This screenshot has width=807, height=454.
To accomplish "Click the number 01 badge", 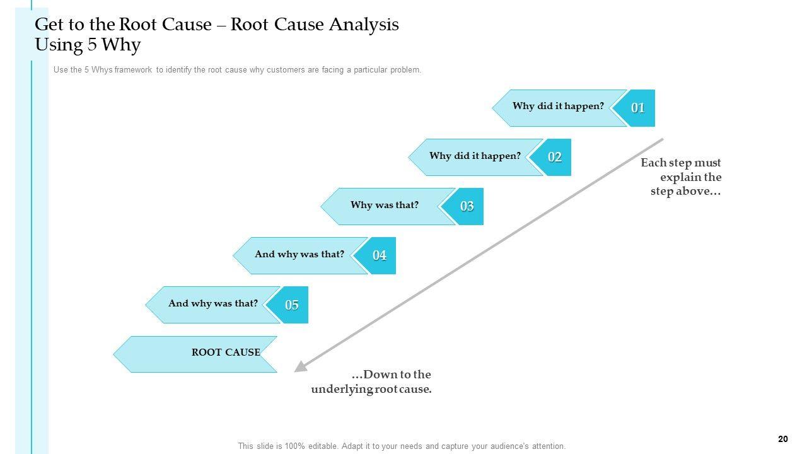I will pos(638,108).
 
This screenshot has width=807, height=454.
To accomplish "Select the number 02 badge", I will pos(554,157).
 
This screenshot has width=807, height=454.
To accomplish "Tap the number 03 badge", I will pos(467,206).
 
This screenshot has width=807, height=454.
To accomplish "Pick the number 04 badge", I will pos(379,255).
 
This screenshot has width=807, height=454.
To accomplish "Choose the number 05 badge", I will pos(291,305).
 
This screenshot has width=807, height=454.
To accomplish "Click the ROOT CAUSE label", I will pos(226,352).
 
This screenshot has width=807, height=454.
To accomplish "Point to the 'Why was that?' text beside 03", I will pos(384,205).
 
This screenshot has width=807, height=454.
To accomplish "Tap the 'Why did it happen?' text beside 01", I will pos(558,106).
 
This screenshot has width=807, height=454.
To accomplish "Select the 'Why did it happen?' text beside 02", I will pos(475,155).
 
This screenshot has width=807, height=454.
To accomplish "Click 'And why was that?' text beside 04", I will pos(299,254).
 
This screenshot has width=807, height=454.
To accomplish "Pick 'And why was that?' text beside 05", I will pos(213,303).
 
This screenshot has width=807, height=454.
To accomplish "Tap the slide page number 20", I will pos(784,439).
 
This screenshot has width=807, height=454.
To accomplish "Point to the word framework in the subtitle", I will pos(134,70).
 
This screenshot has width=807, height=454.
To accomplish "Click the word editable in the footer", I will pos(318,446).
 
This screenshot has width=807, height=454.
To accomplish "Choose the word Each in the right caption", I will pos(653,163).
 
